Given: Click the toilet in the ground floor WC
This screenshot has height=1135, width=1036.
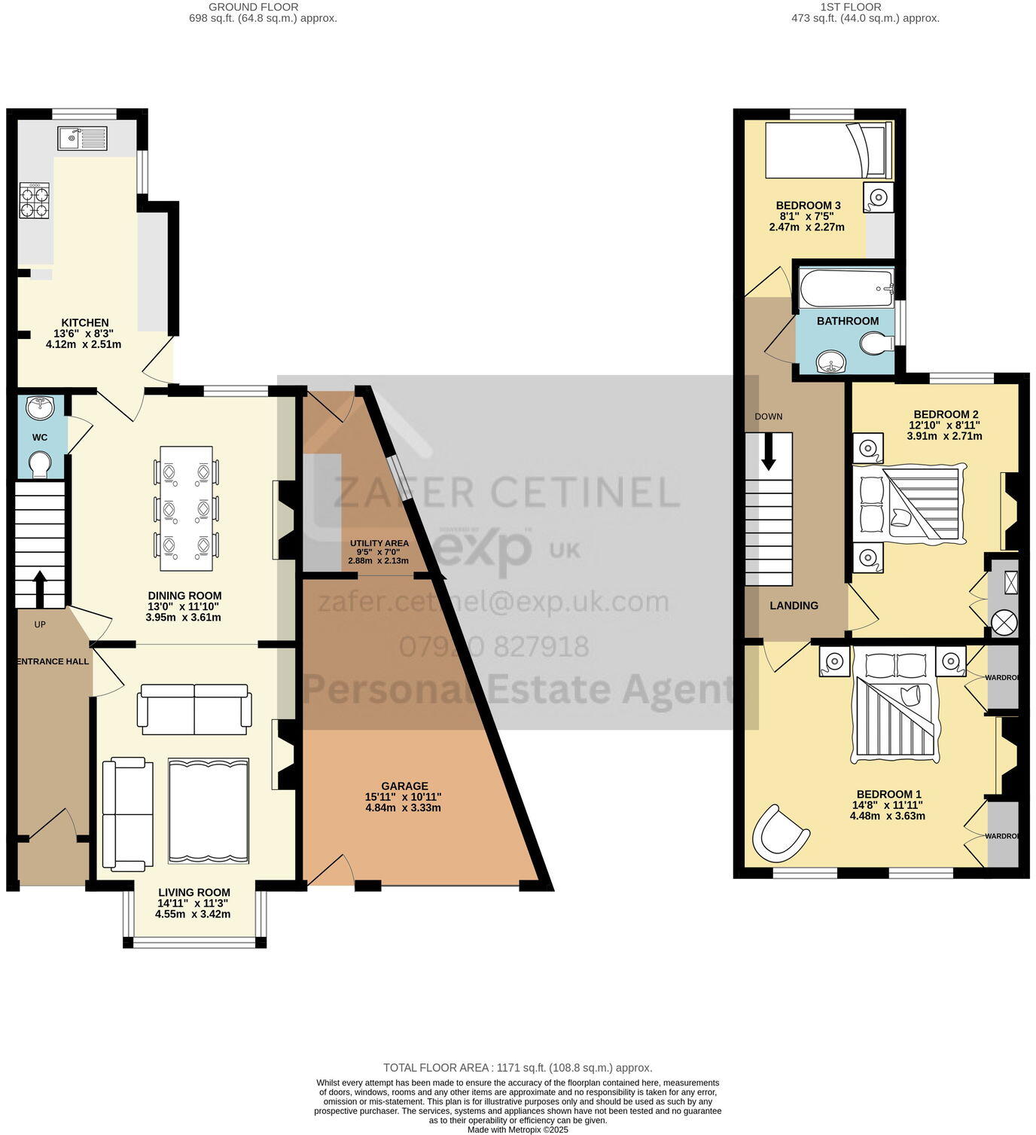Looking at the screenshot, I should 38,463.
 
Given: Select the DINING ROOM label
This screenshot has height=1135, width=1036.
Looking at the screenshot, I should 184,596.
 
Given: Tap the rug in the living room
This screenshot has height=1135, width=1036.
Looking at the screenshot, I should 209,810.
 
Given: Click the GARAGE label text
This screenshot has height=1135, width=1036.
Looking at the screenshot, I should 404,786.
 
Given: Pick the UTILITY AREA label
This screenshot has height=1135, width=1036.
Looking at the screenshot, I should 379,543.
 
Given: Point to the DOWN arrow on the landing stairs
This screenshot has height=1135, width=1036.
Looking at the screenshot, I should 768,453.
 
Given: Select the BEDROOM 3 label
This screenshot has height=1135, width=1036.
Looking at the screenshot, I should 808,206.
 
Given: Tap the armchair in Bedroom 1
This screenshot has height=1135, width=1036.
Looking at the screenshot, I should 780,835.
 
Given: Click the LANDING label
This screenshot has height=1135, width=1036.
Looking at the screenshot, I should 794,606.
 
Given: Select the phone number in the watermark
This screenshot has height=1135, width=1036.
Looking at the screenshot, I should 494,647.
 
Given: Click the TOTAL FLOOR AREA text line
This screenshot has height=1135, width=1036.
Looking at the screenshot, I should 517,1067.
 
